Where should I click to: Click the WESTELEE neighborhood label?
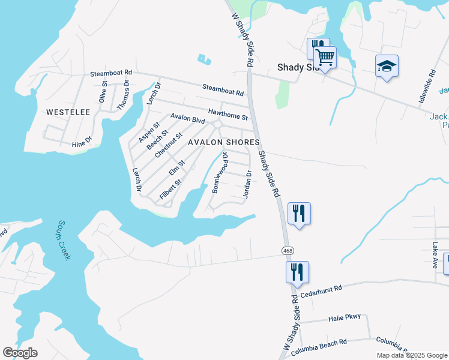pos(68,112)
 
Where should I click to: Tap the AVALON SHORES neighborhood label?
pos(224,142)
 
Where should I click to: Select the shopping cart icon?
pos(325,58)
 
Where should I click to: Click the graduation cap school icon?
pos(387,66)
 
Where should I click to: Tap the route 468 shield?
pos(288,249)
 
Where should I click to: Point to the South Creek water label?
pos(64,240)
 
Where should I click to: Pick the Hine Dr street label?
pos(82,140)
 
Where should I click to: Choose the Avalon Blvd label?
pos(188,118)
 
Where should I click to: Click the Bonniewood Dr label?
pos(220,172)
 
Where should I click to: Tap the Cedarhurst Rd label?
pos(321,290)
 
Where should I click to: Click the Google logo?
pos(20,352)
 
